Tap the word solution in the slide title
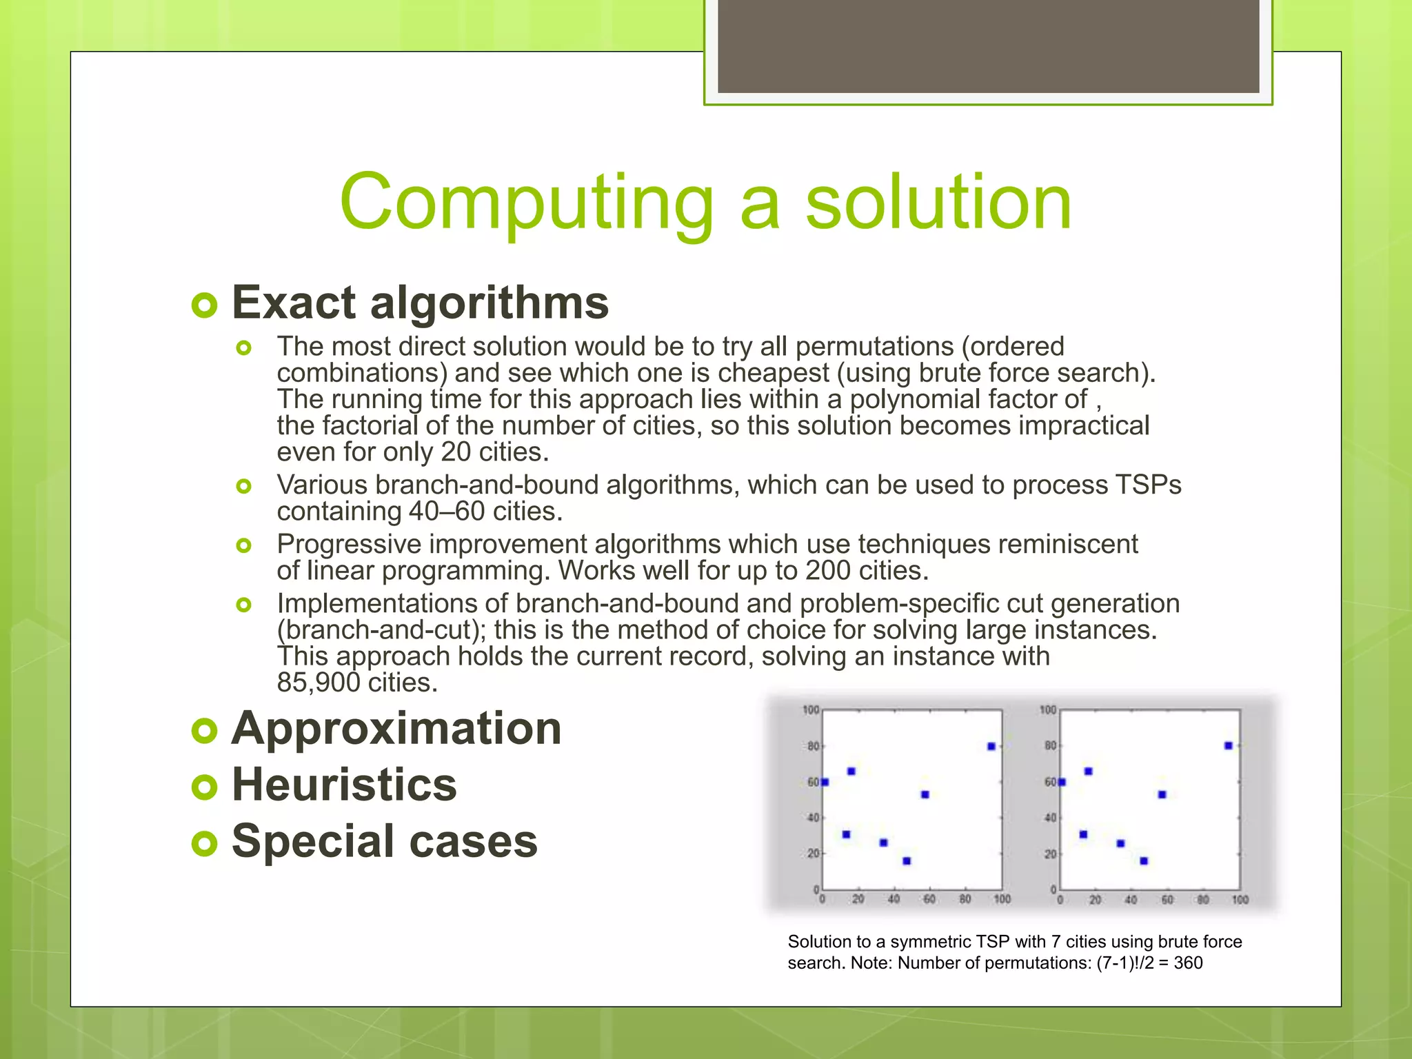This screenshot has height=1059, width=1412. [x=938, y=202]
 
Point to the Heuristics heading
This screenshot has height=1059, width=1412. [x=344, y=785]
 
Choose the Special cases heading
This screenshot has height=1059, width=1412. [x=384, y=841]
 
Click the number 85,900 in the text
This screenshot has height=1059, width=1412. [x=319, y=683]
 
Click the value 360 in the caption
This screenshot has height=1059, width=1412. [x=1188, y=963]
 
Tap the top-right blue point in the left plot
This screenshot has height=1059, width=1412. [x=991, y=747]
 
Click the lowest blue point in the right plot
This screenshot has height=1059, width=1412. [x=1144, y=861]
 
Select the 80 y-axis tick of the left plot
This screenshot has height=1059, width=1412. [x=813, y=747]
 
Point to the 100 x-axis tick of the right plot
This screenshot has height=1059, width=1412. [x=1240, y=900]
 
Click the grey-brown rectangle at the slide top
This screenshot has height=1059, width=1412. [x=988, y=46]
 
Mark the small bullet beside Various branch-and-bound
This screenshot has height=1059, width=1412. [x=243, y=487]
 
